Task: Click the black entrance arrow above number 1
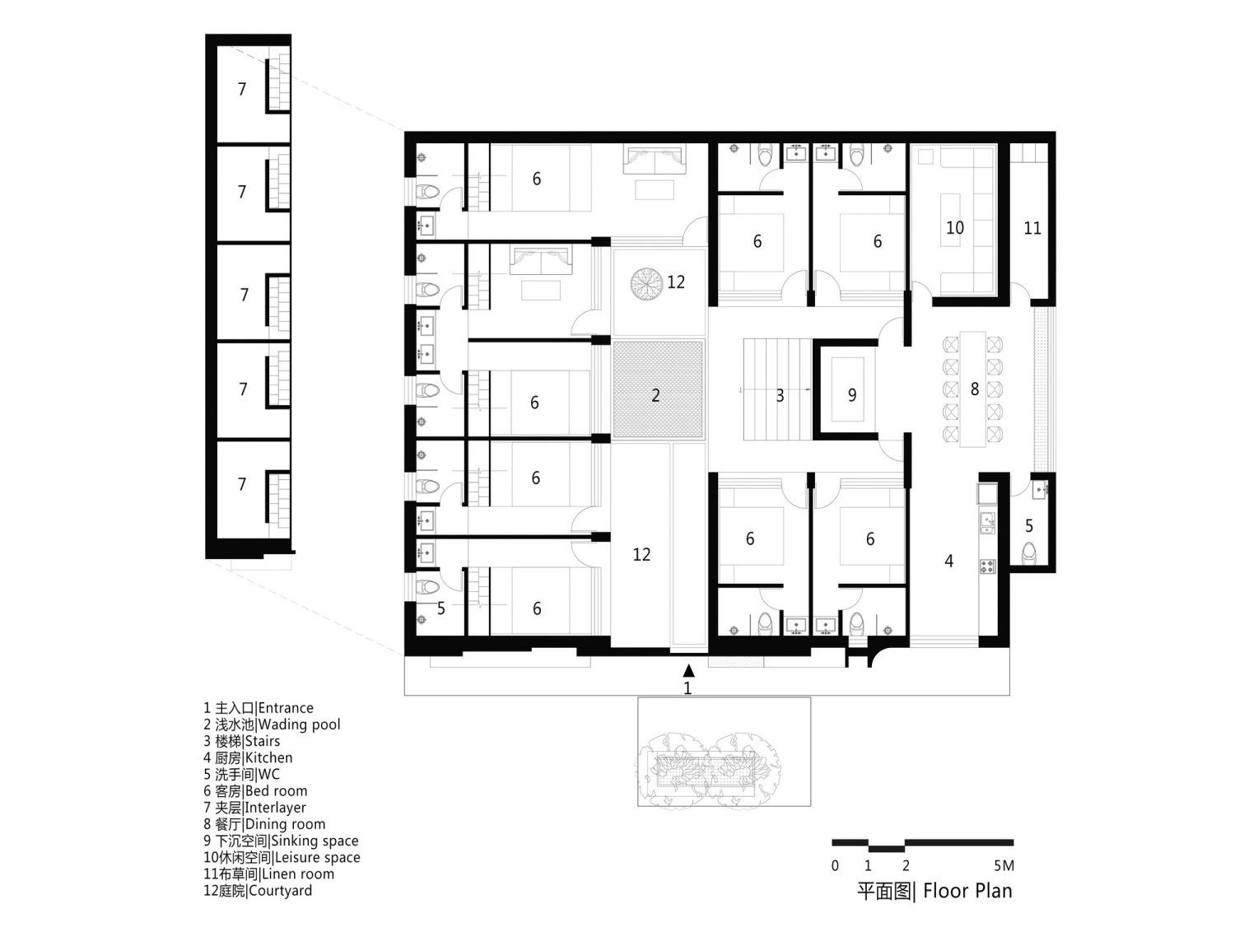pos(688,670)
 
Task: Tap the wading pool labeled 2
pos(658,389)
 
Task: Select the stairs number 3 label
pos(779,396)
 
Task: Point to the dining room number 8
pos(975,389)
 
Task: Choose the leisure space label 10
pos(955,228)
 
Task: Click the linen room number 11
pos(1032,228)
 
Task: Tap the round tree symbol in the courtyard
pos(646,285)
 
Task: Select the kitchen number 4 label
pos(948,561)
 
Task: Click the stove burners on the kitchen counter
pos(987,566)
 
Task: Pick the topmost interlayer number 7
pos(242,89)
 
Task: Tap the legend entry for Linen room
pos(269,874)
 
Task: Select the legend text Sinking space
pos(281,841)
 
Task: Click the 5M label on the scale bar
pos(1004,865)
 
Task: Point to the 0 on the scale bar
pos(835,865)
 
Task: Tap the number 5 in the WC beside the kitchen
pos(1029,526)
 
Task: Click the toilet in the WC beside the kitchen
pos(1029,552)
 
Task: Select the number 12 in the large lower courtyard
pos(641,555)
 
